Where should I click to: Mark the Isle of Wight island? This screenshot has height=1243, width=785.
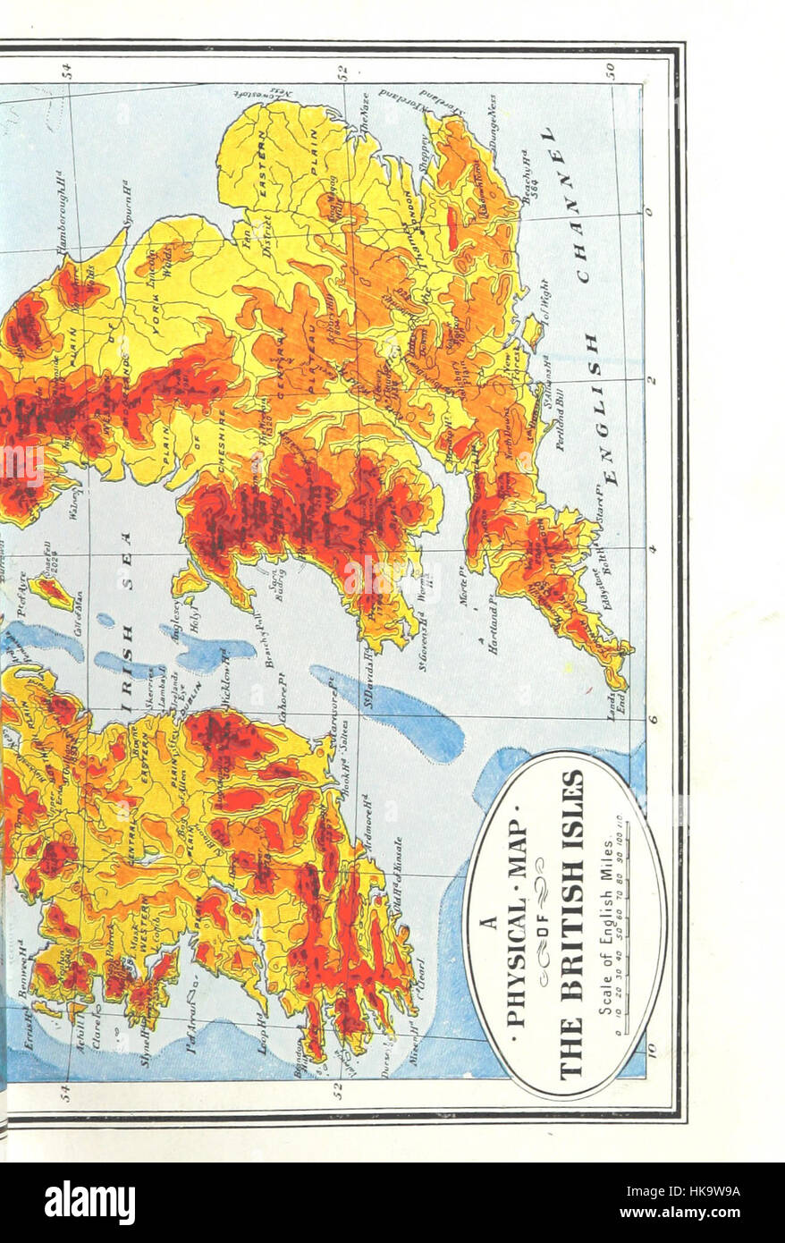tap(533, 331)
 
